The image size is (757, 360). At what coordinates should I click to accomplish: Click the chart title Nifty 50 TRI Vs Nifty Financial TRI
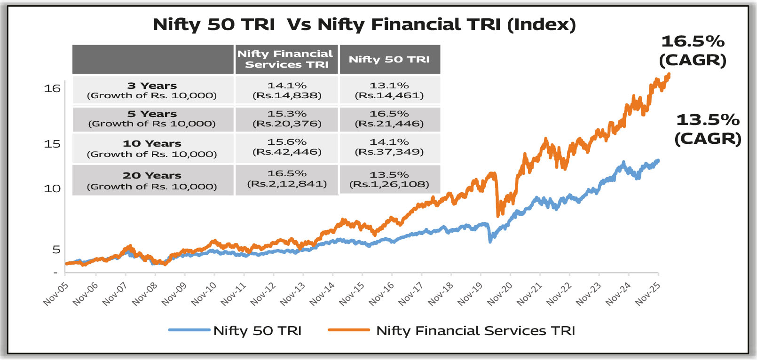(x=364, y=24)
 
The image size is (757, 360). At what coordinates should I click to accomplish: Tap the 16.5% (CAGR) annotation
(x=693, y=50)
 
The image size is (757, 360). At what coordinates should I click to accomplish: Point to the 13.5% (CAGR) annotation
(x=708, y=129)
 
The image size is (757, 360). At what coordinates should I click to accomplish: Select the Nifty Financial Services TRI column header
(x=286, y=59)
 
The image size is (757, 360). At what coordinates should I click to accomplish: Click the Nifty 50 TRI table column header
(x=389, y=59)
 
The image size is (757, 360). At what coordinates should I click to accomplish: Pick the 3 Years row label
(x=152, y=90)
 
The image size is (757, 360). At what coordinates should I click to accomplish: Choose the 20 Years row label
(x=152, y=180)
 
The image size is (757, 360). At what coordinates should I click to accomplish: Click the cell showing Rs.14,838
(x=287, y=90)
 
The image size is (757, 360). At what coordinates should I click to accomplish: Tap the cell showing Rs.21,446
(x=389, y=119)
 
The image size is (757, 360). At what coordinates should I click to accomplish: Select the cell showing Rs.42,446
(x=287, y=147)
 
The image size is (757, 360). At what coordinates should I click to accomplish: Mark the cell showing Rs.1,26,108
(x=389, y=180)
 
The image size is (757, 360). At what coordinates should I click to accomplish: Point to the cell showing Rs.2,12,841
(x=287, y=179)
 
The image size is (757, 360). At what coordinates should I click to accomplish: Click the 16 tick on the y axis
(x=52, y=88)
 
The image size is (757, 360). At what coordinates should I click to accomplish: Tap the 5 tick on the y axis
(x=56, y=250)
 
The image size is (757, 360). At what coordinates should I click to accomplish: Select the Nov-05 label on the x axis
(x=56, y=295)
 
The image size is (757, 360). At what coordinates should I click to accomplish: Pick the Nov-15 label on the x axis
(x=352, y=295)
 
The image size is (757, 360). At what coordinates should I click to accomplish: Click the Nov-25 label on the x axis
(x=648, y=295)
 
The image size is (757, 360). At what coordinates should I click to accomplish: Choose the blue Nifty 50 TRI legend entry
(x=236, y=330)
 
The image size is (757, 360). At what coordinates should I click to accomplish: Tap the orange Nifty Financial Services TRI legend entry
(x=451, y=330)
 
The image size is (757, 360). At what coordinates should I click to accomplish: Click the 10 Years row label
(x=152, y=149)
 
